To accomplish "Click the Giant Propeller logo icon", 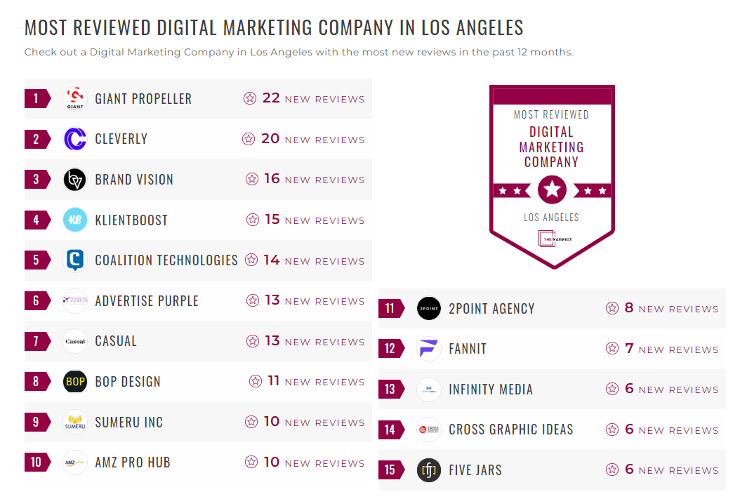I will coord(75,98).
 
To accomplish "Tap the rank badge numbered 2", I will coord(37,139).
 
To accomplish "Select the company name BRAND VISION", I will coord(134,180).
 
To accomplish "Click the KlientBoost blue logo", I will coord(75,220).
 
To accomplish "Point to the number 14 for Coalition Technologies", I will coord(272,260).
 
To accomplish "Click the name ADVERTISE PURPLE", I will coord(147,301).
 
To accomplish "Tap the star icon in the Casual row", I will coord(253,341).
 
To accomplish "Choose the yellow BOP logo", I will coord(75,382).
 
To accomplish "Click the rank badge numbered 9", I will coord(37,423).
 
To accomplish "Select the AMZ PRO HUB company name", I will coord(133,463).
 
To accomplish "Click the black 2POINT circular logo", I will coord(429,309).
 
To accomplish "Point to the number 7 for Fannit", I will coord(629,349).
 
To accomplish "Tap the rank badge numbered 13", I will coord(390,390).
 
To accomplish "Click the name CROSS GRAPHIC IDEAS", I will coord(511,430).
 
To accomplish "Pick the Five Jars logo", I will coord(429,470).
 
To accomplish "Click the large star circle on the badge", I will coord(552,189).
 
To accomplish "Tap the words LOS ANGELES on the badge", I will coord(552,218).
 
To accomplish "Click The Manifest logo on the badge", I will coord(552,239).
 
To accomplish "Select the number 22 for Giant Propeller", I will coord(271,98).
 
